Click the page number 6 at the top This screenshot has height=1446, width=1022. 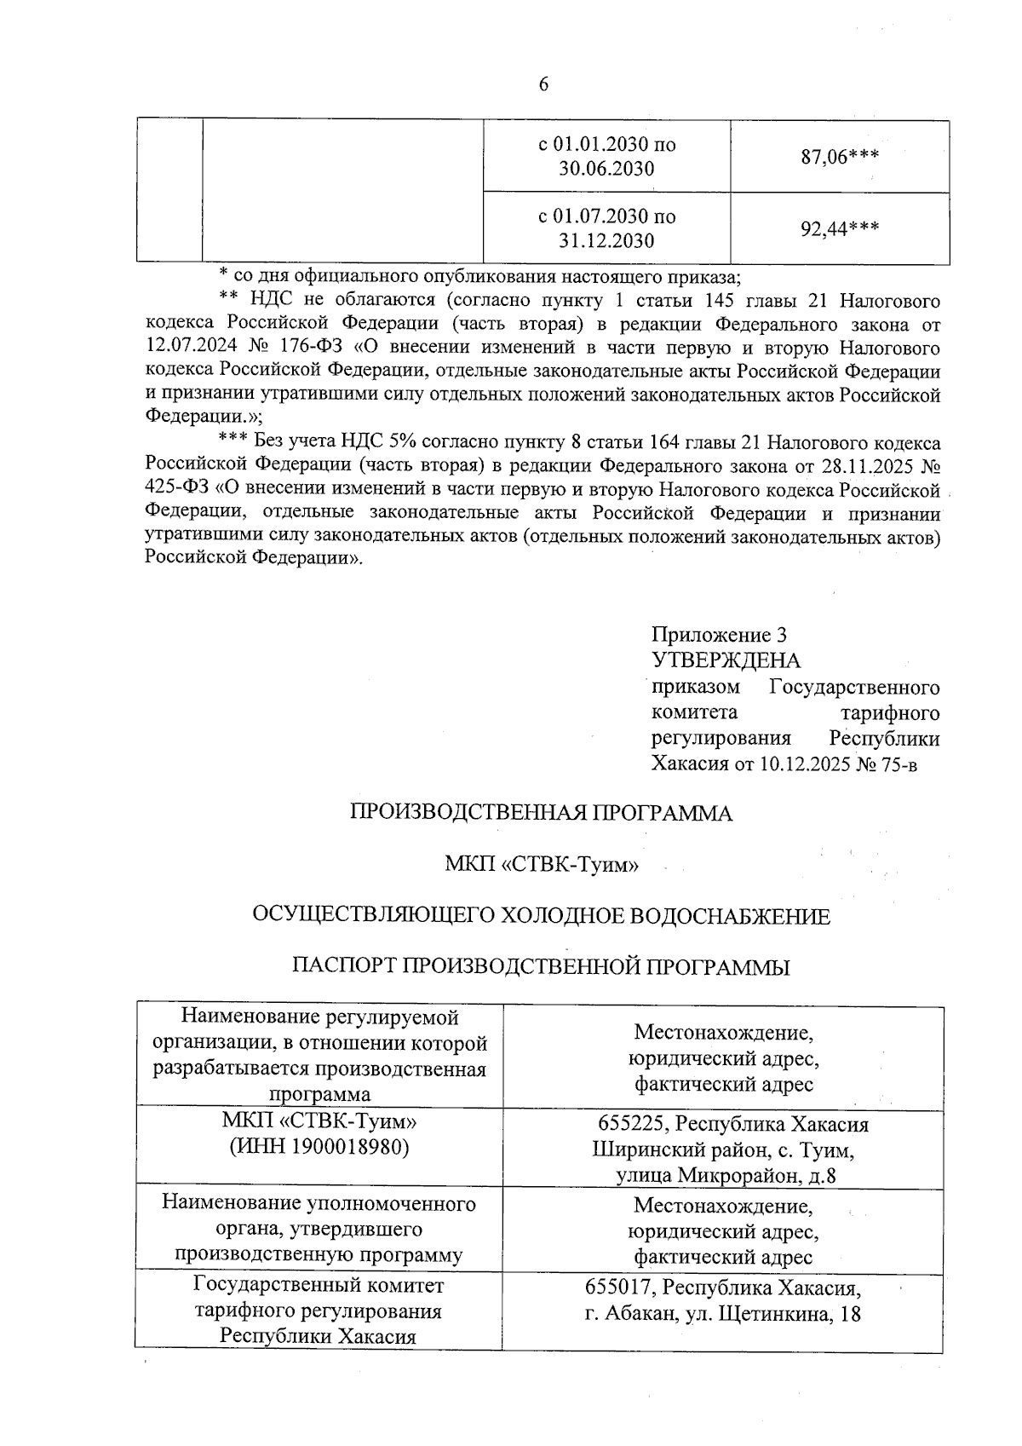[x=543, y=84]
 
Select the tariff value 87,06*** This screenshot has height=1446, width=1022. [x=839, y=157]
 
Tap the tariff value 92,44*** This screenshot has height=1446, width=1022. [x=839, y=228]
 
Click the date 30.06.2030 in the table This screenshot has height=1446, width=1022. [x=606, y=169]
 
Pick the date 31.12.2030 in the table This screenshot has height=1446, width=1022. [x=606, y=241]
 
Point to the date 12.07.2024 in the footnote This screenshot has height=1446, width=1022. [x=190, y=348]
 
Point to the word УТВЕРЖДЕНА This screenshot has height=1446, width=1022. [x=726, y=660]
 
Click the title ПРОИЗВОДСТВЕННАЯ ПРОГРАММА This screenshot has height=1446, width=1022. [x=542, y=814]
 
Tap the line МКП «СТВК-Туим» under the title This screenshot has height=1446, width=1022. [x=542, y=866]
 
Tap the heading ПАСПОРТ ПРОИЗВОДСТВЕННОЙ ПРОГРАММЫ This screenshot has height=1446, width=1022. [x=542, y=967]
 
